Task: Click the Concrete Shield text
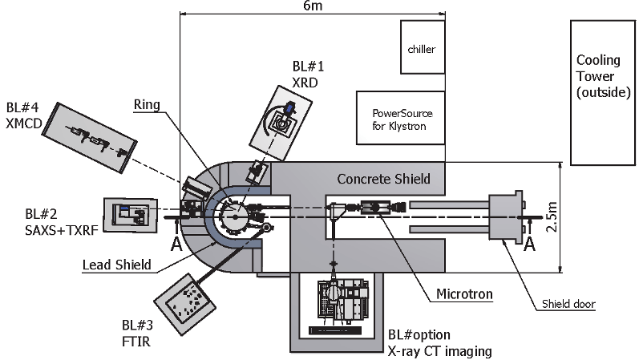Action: tap(383, 179)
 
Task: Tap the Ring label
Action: tap(147, 105)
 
